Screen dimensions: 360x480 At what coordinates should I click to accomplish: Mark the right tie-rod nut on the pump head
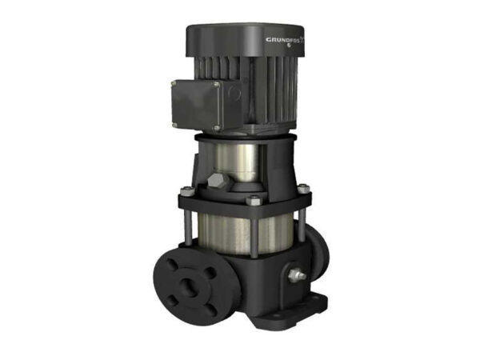(x=303, y=190)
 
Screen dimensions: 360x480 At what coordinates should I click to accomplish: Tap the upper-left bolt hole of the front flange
(x=171, y=265)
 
